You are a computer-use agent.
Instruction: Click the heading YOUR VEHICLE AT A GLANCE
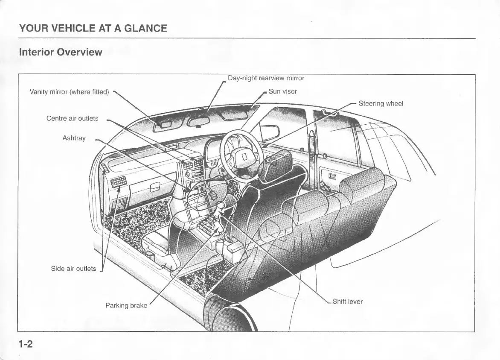click(x=93, y=29)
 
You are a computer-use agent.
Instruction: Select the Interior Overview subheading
click(x=61, y=52)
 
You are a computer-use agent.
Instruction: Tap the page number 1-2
click(x=26, y=344)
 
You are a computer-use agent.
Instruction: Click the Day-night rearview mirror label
click(x=266, y=78)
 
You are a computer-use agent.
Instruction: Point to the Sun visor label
click(x=282, y=91)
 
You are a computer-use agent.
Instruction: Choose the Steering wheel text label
click(x=381, y=103)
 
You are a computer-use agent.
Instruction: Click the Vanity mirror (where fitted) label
click(x=69, y=92)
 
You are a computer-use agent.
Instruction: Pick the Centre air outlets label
click(x=72, y=118)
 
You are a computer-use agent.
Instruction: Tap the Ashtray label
click(x=74, y=138)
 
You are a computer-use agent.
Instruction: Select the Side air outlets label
click(x=73, y=269)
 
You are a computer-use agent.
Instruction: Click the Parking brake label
click(x=126, y=305)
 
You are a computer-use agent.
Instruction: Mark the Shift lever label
click(x=347, y=301)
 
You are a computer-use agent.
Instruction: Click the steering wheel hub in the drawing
click(x=244, y=157)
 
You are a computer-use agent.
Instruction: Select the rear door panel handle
click(x=332, y=176)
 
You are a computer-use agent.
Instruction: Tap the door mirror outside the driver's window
click(x=270, y=132)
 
